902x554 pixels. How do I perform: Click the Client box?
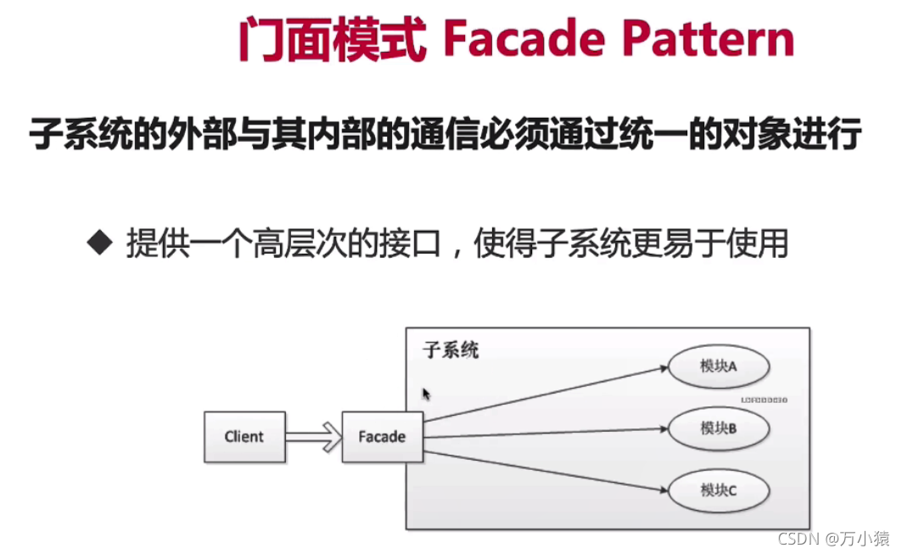click(x=244, y=437)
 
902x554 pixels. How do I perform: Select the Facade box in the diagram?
click(x=382, y=437)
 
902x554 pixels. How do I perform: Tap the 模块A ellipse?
click(x=718, y=367)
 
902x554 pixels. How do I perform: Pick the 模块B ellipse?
click(x=718, y=429)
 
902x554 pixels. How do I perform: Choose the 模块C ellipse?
click(x=718, y=490)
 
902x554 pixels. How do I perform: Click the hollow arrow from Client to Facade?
click(x=313, y=437)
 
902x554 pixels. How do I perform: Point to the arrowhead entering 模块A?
click(x=661, y=368)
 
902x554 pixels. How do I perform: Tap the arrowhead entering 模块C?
click(x=661, y=489)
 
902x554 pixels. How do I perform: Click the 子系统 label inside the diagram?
click(x=451, y=350)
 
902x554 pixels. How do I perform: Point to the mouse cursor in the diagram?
click(x=427, y=395)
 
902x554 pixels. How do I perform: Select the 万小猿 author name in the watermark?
click(x=866, y=538)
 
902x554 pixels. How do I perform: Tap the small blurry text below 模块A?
click(x=764, y=397)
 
